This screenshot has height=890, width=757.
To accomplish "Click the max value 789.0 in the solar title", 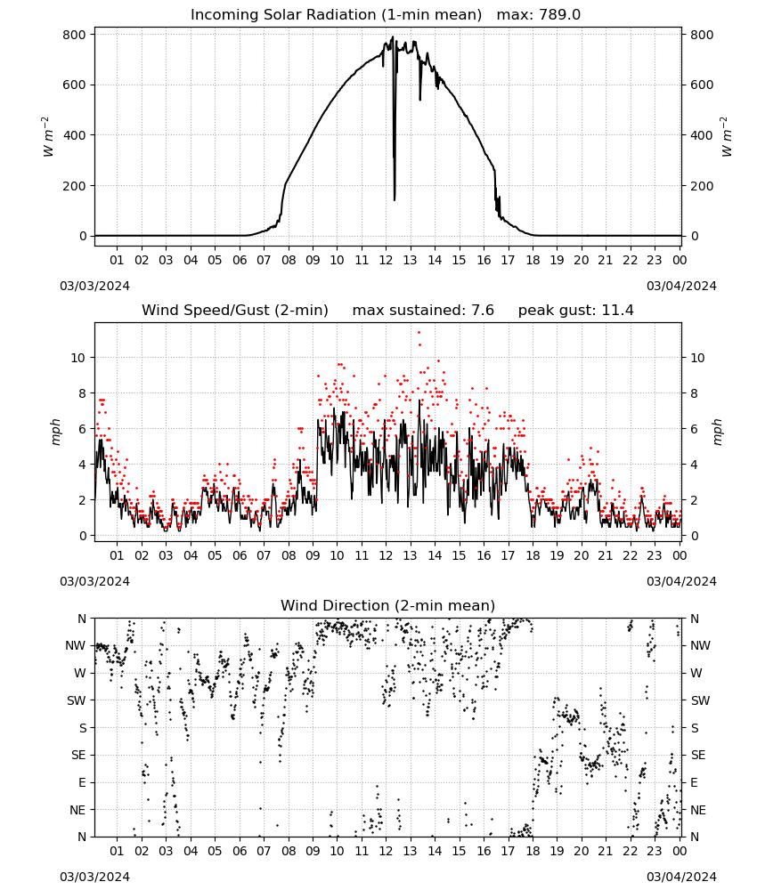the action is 539,15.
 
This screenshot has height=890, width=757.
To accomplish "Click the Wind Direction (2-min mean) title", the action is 388,605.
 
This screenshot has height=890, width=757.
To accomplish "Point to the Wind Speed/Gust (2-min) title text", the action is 235,311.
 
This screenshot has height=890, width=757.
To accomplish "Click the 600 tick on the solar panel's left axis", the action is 75,85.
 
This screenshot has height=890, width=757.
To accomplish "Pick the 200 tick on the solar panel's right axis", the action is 702,186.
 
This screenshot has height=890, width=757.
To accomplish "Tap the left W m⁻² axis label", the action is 48,137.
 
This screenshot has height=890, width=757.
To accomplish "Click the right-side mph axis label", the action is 717,433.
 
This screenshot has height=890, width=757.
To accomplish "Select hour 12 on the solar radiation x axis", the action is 386,260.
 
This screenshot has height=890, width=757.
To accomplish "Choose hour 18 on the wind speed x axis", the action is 533,555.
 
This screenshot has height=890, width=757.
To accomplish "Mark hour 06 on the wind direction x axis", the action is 239,851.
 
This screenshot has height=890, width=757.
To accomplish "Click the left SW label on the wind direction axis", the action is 77,700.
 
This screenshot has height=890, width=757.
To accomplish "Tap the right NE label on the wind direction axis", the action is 698,810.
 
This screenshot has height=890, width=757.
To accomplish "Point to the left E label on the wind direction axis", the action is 82,782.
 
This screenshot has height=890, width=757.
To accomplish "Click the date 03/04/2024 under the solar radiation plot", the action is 681,286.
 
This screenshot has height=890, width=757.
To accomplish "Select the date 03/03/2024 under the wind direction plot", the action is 94,877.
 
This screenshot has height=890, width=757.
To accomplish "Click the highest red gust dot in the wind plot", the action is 419,333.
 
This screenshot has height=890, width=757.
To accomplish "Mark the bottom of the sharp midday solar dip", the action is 395,199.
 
